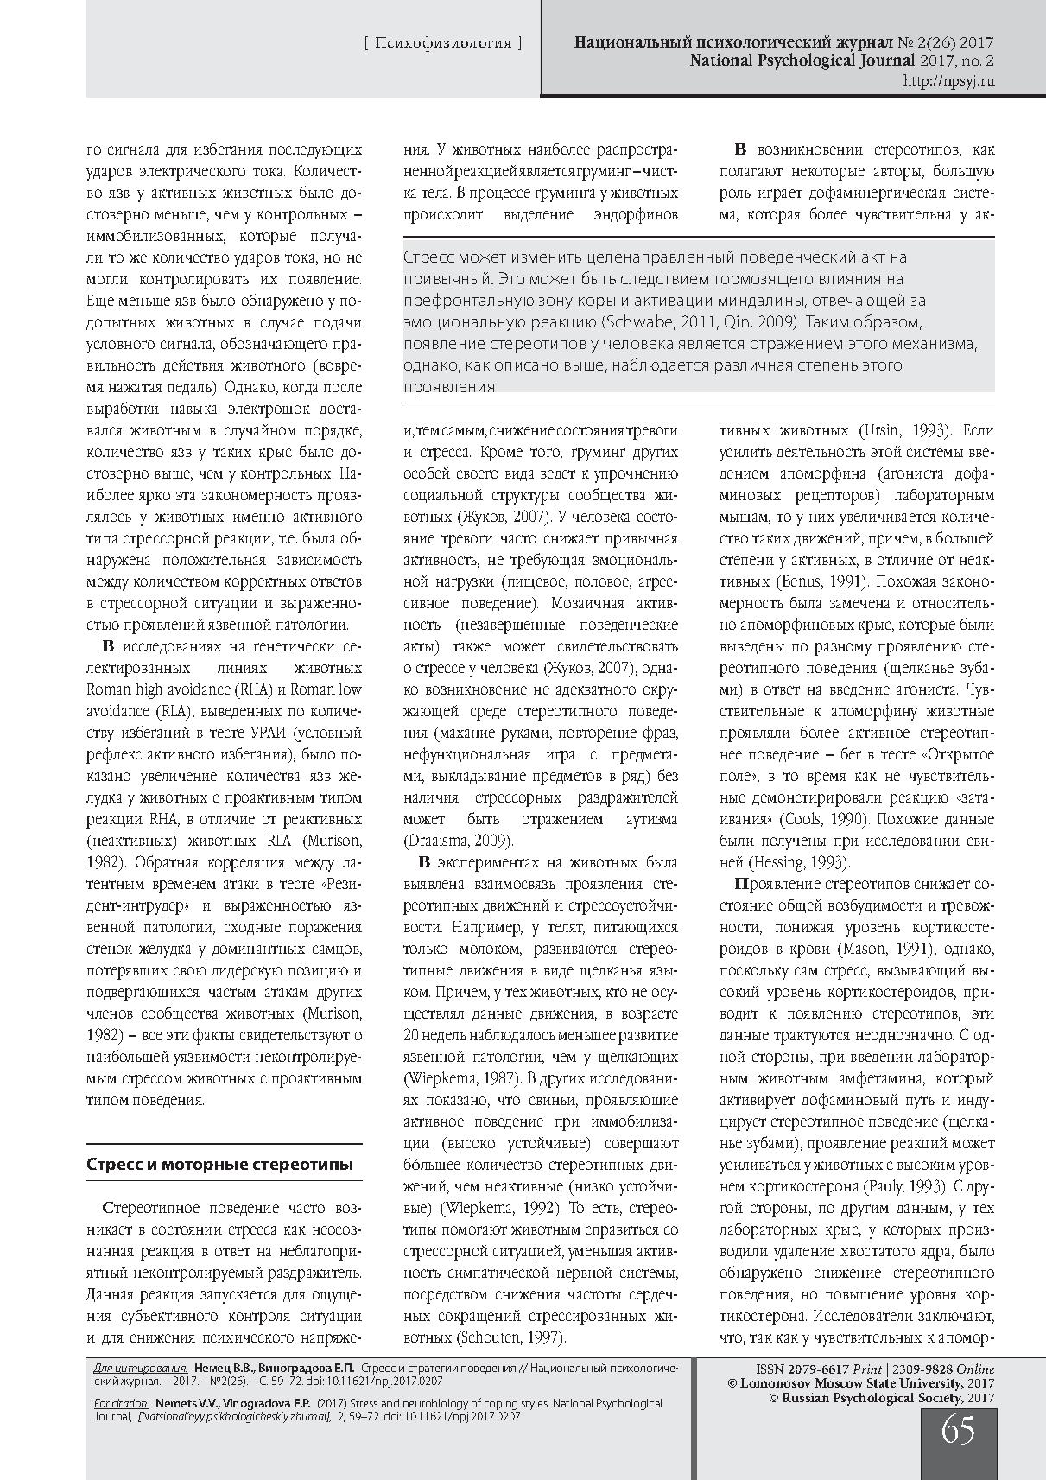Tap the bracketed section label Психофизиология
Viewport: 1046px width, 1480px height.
click(x=443, y=43)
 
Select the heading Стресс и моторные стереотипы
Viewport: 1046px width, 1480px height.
click(x=219, y=1164)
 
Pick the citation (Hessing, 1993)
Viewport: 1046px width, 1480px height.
click(x=785, y=862)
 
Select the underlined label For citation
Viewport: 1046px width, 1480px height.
click(x=121, y=1404)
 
